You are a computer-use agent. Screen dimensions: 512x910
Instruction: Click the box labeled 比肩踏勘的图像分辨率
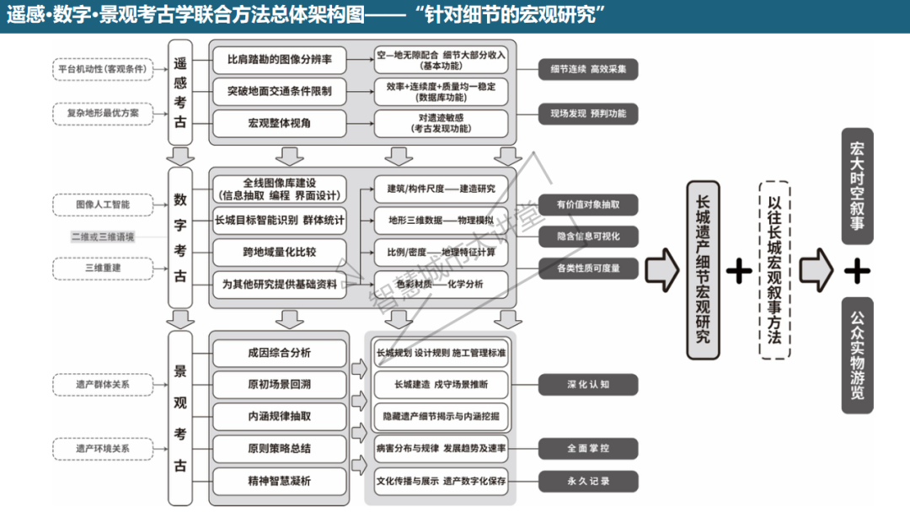point(280,61)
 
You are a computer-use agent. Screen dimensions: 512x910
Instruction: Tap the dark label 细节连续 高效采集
point(588,69)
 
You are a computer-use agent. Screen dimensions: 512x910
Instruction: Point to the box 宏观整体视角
point(280,123)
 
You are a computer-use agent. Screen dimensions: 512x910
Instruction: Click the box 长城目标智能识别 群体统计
point(280,221)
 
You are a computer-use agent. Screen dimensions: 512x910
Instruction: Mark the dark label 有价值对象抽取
point(588,205)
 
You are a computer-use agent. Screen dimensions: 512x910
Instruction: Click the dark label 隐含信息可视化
point(588,237)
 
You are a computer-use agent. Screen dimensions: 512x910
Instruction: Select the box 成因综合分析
point(280,353)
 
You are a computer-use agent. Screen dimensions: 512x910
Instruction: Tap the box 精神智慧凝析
point(280,481)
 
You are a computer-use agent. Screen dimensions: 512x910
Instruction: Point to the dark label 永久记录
point(588,481)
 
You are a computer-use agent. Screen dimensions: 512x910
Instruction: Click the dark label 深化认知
point(588,385)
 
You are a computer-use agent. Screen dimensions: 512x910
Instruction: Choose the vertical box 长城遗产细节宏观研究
point(704,269)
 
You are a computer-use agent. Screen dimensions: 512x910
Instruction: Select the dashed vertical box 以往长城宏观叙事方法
point(774,269)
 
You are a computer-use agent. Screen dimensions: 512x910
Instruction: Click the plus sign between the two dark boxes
point(857,270)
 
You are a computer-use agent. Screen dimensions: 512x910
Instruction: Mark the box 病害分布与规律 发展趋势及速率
point(441,449)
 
